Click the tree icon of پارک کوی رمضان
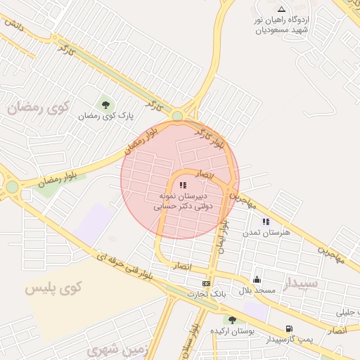105,105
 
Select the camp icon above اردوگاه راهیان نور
282,9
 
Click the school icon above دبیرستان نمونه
183,185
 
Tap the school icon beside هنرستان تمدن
266,221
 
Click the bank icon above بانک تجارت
205,283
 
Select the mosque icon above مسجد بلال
256,279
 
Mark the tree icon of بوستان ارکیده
232,320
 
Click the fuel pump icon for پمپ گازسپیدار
288,328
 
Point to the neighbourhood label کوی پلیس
53,287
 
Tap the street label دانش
14,24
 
